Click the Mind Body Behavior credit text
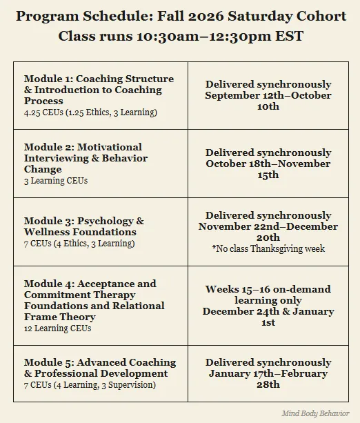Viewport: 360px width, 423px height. coord(315,413)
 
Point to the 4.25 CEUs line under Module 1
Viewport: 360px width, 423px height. coord(90,112)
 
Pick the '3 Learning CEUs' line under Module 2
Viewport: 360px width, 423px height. coord(57,181)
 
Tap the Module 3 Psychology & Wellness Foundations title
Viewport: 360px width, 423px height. coord(84,226)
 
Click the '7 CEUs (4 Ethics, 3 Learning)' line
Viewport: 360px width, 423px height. coord(79,244)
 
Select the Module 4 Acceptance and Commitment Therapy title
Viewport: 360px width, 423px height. coord(94,300)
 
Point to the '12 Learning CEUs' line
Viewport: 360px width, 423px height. coord(57,328)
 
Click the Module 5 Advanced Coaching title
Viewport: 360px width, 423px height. coord(100,368)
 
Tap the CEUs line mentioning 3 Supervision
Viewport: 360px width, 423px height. coord(90,384)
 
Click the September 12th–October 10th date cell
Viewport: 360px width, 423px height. coord(268,95)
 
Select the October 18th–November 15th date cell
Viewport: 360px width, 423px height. coord(268,164)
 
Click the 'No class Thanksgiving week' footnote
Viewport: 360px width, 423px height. coord(268,248)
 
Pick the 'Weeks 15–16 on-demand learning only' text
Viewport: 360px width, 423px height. coord(268,295)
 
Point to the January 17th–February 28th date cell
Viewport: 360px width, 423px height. coord(268,373)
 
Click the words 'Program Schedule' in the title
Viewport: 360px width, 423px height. coord(70,16)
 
